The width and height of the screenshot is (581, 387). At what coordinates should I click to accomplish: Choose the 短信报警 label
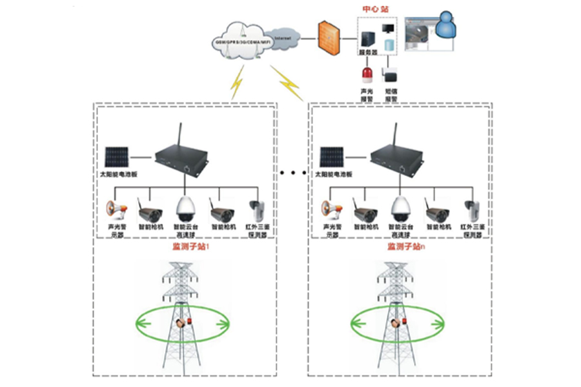coord(391,95)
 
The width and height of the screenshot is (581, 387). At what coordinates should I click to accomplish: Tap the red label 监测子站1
coord(185,247)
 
